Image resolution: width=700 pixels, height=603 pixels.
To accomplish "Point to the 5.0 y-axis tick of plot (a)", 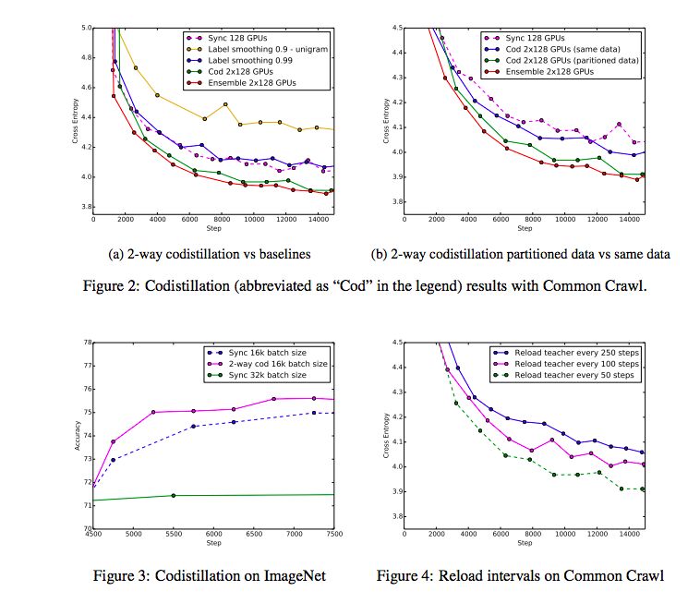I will (x=85, y=29).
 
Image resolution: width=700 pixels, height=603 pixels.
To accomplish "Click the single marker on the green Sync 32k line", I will (x=173, y=496).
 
